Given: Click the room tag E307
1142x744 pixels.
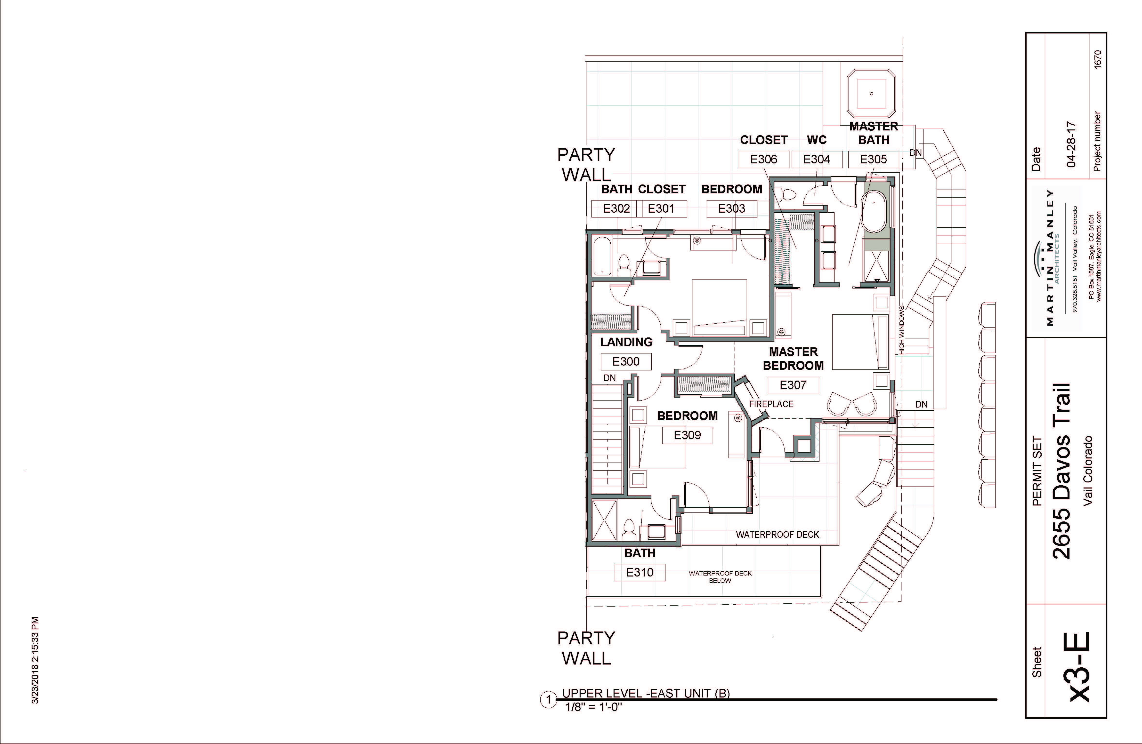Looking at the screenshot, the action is pos(793,385).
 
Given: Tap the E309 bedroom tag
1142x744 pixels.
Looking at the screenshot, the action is pos(687,435).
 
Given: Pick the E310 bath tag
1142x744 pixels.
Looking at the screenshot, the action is pos(640,572).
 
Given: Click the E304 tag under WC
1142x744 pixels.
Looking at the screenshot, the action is pos(817,159).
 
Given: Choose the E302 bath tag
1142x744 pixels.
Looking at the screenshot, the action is pos(616,209).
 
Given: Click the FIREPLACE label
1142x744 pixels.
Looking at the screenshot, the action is pos(771,404).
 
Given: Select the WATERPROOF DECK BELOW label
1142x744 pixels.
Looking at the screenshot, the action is pos(720,576).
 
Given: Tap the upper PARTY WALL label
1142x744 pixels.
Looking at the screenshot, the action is pos(586,165).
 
